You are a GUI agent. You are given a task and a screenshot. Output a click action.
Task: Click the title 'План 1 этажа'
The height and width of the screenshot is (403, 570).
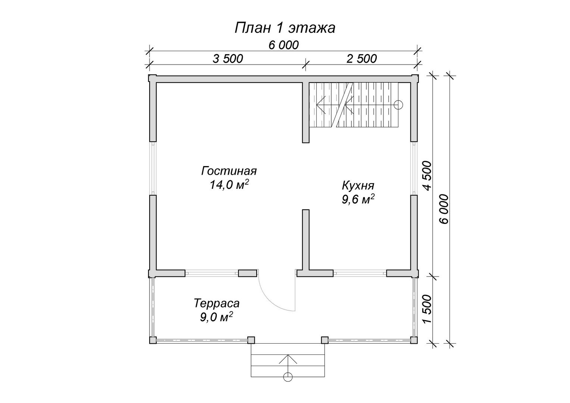[x=285, y=28]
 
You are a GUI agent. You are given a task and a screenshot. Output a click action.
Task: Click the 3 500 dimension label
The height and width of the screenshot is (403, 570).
[x=228, y=59]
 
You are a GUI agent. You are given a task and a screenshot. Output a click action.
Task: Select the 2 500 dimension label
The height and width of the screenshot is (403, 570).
[x=361, y=59]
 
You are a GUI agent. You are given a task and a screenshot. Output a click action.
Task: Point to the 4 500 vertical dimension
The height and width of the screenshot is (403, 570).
[x=427, y=176]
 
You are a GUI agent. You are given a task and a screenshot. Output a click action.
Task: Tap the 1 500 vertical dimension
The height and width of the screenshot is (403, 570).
[x=427, y=309]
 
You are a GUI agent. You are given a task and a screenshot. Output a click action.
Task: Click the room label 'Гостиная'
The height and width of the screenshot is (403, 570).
[x=229, y=171]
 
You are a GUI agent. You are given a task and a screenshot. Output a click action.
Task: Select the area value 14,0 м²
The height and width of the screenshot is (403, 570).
[x=229, y=185]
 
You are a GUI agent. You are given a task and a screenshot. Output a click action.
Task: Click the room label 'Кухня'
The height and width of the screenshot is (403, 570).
[x=358, y=185]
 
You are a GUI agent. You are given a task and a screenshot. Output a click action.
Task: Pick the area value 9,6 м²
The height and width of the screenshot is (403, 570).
[x=358, y=199]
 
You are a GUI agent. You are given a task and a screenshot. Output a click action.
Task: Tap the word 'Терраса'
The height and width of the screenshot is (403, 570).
[x=217, y=303]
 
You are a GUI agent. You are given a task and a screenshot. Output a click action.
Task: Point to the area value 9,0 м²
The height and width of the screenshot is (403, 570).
[x=217, y=317]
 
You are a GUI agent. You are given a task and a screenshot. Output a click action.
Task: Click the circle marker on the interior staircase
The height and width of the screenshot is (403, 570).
[x=398, y=104]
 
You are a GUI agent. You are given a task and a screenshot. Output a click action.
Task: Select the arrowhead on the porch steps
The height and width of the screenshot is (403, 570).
[x=288, y=359]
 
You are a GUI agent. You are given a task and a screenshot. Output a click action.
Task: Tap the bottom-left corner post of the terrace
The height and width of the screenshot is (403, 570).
[x=153, y=340]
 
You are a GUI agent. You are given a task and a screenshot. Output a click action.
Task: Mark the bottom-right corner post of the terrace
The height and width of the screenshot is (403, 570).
[x=414, y=340]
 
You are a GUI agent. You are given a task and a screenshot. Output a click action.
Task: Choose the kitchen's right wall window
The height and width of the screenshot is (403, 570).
[x=414, y=168]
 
